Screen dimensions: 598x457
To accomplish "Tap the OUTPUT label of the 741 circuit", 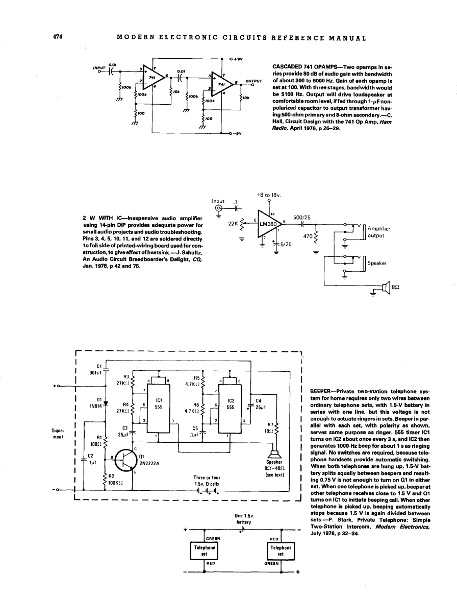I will (x=254, y=81).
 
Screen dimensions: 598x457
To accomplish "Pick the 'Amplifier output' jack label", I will (x=378, y=233).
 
